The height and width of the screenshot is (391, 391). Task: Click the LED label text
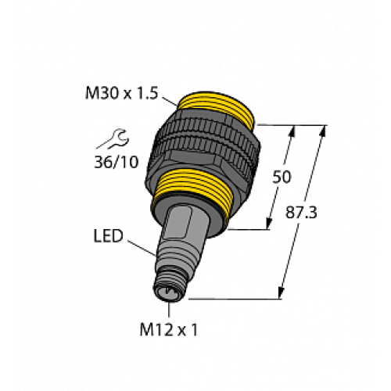tap(107, 235)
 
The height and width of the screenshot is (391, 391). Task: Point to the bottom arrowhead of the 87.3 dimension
tap(281, 294)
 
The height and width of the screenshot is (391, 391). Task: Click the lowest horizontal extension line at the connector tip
tap(235, 297)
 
